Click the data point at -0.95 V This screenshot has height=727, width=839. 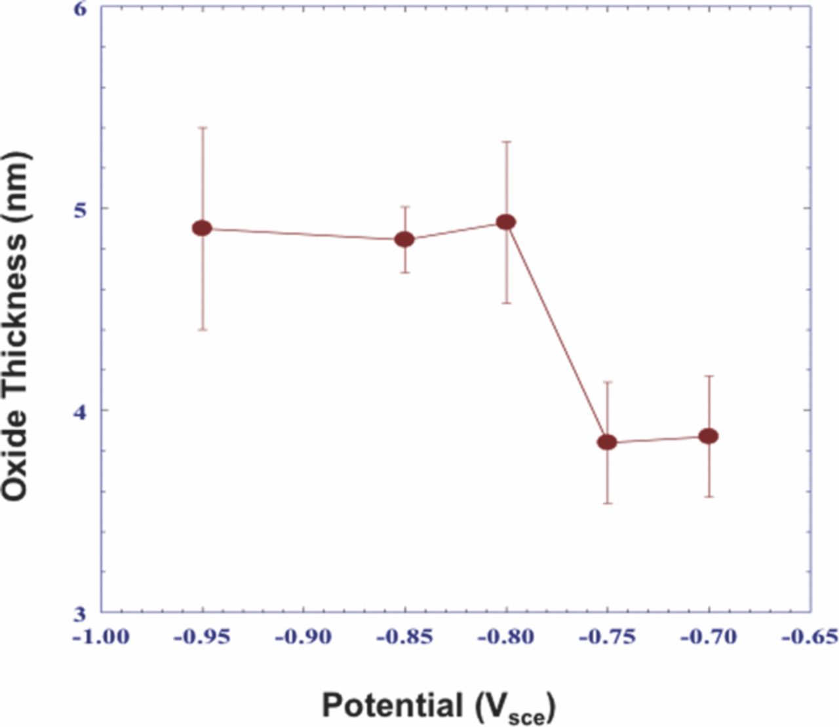coord(202,228)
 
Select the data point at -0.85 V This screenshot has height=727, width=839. coord(404,239)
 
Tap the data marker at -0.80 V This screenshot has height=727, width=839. coord(506,222)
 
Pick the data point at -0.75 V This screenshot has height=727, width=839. coord(607,442)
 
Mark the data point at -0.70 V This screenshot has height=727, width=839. coord(709,436)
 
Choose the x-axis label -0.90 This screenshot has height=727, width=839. coord(303,637)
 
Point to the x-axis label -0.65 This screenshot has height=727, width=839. coord(810,637)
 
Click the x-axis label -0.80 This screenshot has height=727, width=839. coord(506,637)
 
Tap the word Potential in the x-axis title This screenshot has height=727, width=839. coord(392,706)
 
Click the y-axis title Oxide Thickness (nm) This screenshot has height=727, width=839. coord(16,326)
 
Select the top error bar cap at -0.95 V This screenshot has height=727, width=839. coord(203,127)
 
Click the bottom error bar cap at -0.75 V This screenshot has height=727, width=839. coord(607,503)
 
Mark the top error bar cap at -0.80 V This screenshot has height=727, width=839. coord(506,141)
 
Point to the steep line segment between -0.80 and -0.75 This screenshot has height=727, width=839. coord(556,332)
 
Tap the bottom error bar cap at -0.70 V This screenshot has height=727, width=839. coord(709,496)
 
